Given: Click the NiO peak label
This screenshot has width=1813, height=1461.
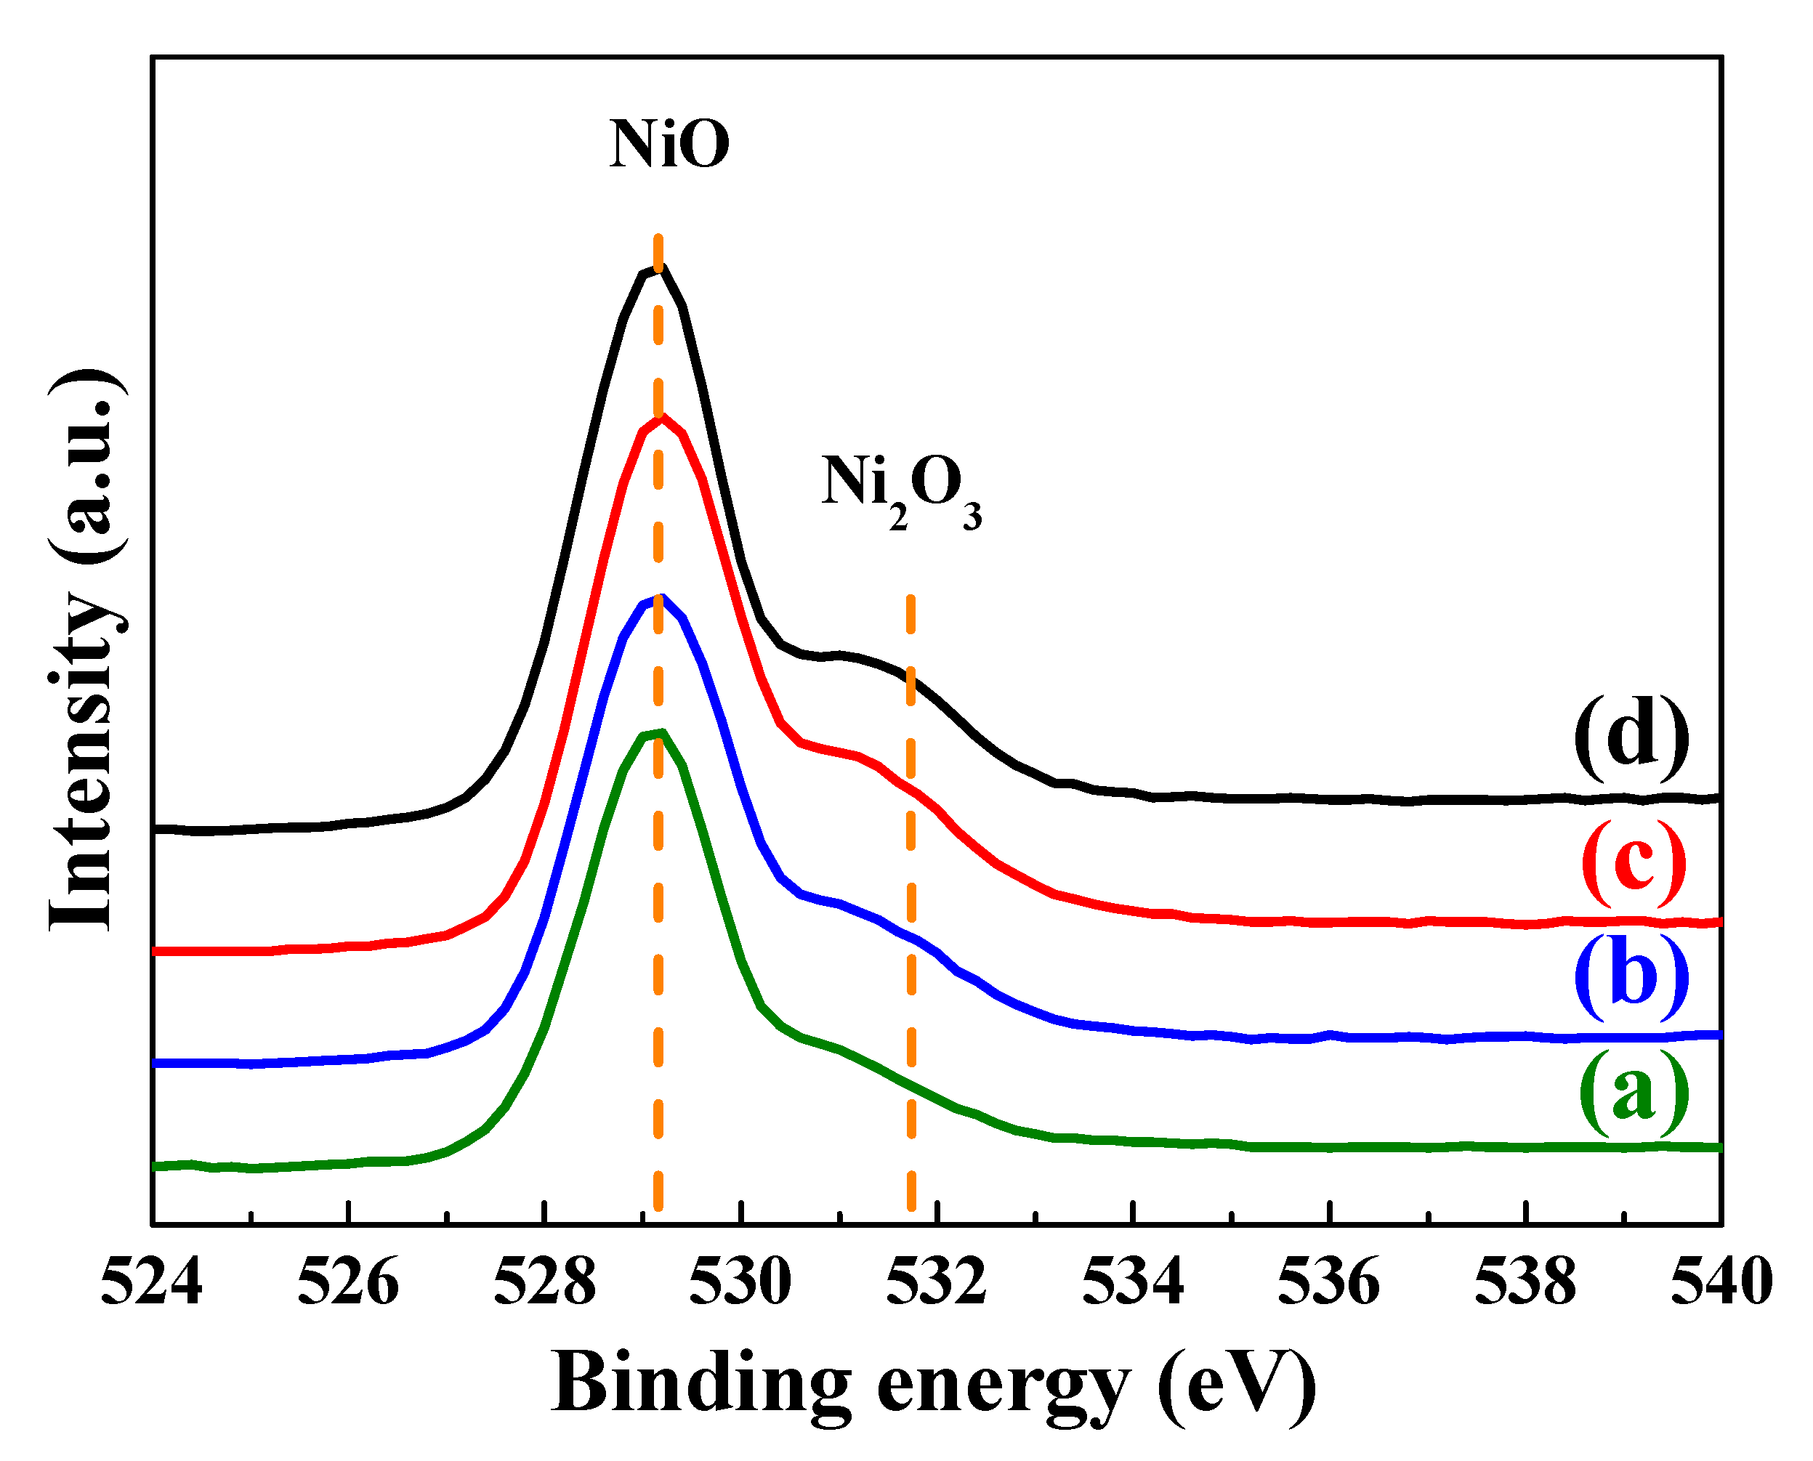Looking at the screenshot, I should pos(669,145).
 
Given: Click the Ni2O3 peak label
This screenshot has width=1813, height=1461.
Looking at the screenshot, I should pos(900,490).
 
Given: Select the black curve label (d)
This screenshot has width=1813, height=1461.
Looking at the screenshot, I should pos(1631,738).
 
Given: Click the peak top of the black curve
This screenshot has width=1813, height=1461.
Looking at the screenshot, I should pos(661,270).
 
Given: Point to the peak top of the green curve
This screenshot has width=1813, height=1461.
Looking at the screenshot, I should pos(661,733).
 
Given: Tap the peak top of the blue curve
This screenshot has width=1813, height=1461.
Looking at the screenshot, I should pos(661,599).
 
